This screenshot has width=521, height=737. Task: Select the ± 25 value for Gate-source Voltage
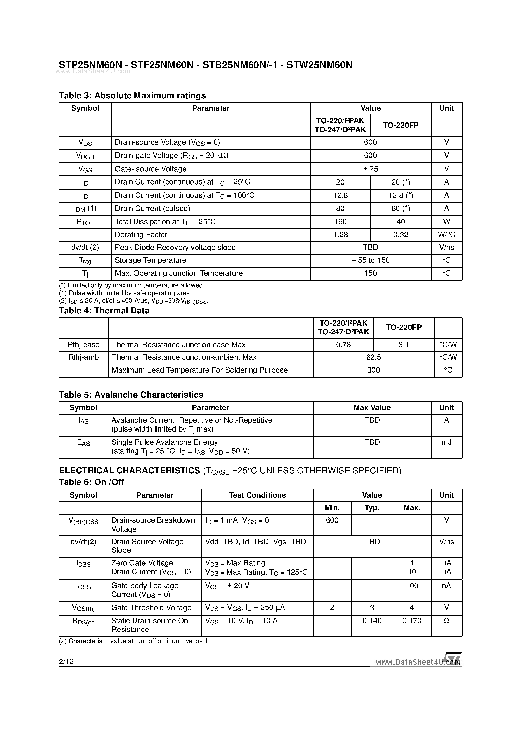tap(370, 169)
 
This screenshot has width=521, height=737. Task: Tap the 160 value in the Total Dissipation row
tap(340, 222)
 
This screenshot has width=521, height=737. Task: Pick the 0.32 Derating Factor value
tap(400, 235)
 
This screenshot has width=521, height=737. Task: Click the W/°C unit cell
tap(446, 235)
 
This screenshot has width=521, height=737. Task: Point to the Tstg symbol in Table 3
tap(85, 261)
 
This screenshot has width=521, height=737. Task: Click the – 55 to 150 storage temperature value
tap(370, 260)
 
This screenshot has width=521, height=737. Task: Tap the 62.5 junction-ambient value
tap(373, 357)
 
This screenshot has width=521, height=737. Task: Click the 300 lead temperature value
tap(373, 370)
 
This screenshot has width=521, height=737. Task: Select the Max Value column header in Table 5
tap(372, 408)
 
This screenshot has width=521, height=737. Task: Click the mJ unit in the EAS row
tap(446, 442)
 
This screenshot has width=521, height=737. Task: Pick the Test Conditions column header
tap(257, 495)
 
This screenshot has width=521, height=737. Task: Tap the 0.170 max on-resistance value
tap(412, 621)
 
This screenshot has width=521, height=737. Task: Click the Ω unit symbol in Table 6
tap(446, 621)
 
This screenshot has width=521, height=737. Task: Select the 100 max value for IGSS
tap(412, 586)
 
